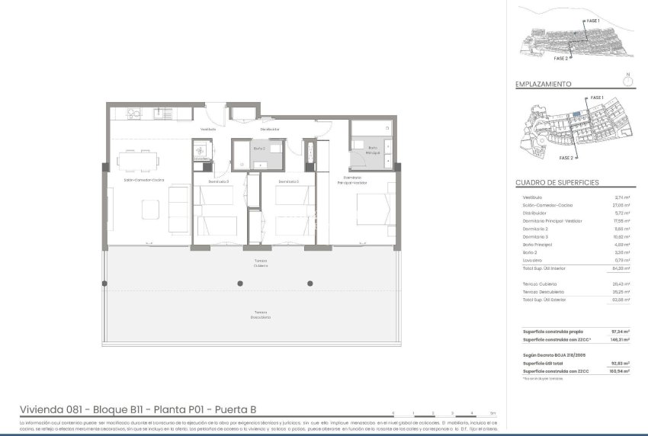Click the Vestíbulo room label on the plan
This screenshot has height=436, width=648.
[208, 129]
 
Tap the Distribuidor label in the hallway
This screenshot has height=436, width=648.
[269, 129]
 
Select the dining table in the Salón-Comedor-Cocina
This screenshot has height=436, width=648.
[139, 162]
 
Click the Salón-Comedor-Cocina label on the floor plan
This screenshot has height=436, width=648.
[145, 181]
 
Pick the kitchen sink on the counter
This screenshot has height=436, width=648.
[162, 114]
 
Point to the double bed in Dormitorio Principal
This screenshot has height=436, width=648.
[374, 210]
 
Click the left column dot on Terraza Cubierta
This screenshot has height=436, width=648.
[241, 283]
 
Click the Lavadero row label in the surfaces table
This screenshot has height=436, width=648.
[534, 261]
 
